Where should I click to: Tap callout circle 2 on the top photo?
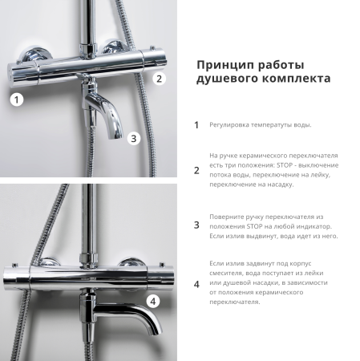[159, 78]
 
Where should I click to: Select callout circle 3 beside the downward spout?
[134, 138]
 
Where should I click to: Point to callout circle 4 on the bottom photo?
[153, 302]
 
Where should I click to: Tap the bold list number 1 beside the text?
[196, 125]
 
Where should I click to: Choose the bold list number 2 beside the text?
[196, 170]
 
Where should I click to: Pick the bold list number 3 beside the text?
[196, 225]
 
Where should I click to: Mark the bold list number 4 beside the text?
[196, 284]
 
